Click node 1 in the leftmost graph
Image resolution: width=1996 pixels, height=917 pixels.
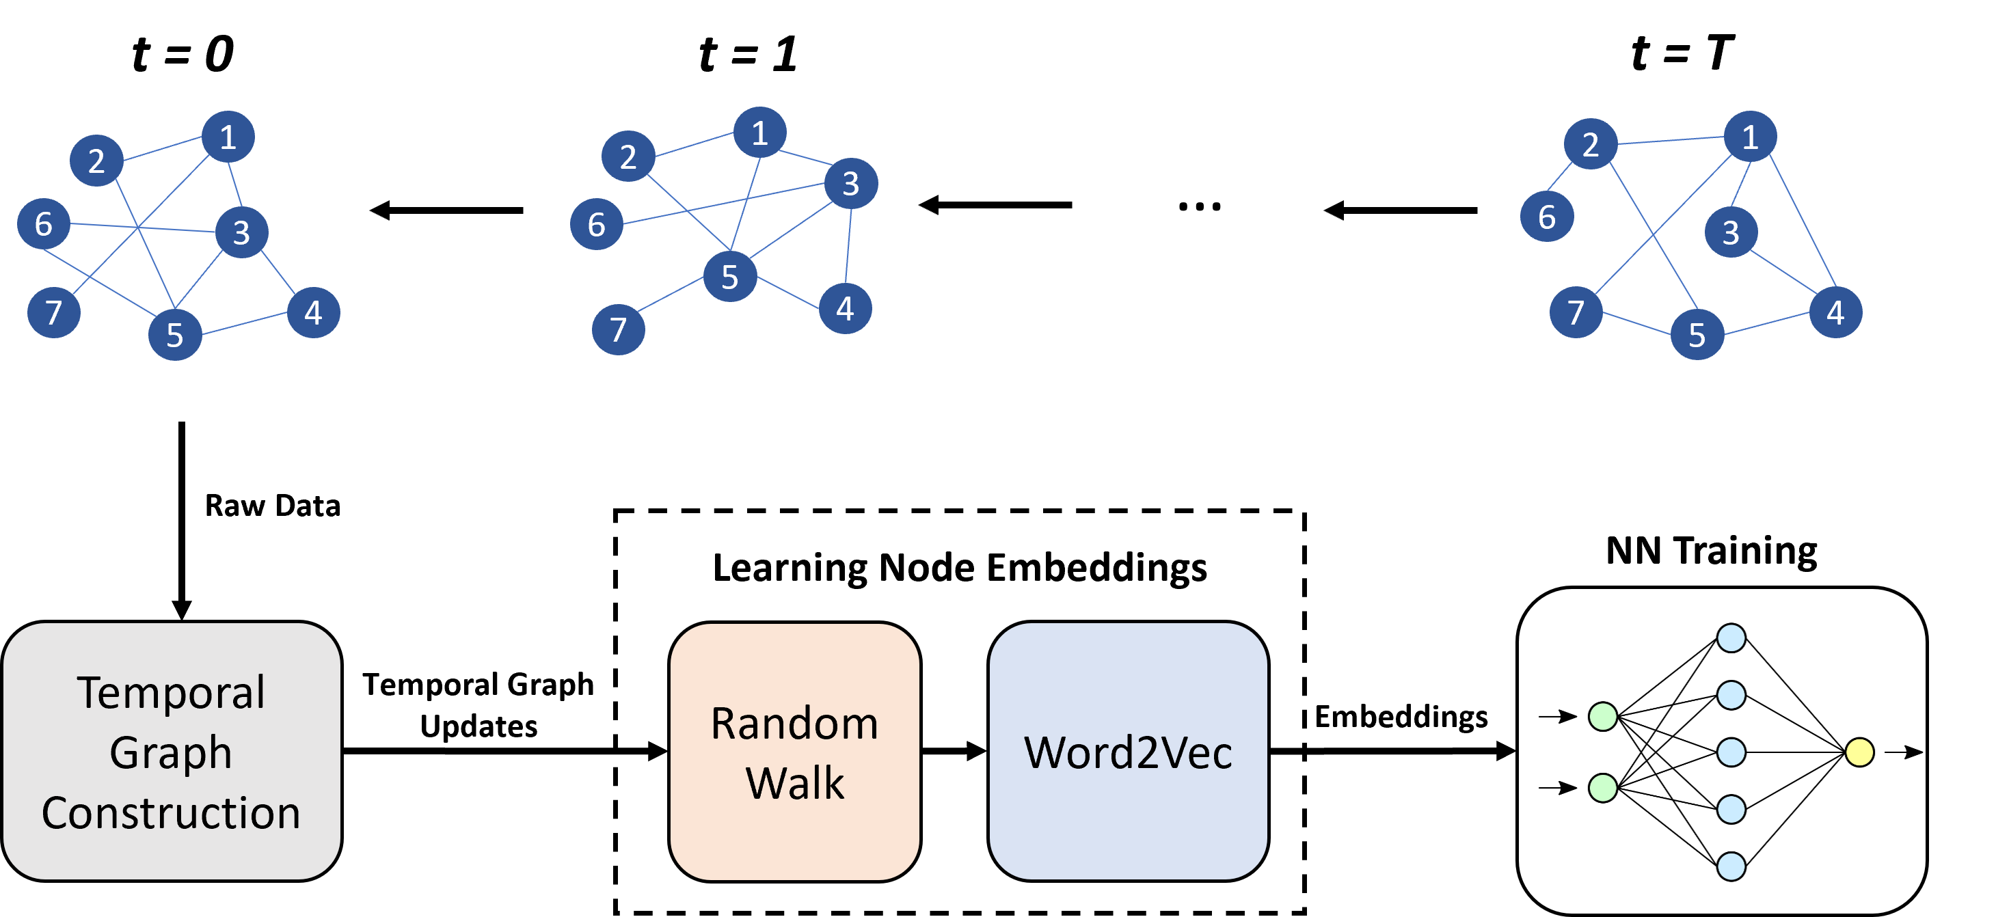click(228, 137)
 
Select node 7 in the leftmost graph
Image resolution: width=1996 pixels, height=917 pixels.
click(53, 312)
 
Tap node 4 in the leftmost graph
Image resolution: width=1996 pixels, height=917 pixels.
click(313, 312)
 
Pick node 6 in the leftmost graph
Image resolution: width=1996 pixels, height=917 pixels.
click(43, 224)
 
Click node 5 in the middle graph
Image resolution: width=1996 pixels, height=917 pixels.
click(730, 277)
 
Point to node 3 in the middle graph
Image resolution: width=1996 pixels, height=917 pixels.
click(851, 184)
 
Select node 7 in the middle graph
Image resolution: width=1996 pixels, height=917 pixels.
click(619, 329)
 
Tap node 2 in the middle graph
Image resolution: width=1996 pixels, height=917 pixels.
click(628, 156)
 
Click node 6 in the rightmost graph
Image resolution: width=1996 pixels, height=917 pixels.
click(1547, 217)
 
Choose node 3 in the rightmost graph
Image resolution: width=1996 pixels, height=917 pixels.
click(1731, 232)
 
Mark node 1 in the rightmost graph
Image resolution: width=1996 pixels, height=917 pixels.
click(1751, 137)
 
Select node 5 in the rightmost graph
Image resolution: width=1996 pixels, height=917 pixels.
click(1697, 335)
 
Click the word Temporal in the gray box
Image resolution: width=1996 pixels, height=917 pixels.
click(172, 692)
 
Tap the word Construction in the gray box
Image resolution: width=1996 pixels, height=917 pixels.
click(172, 812)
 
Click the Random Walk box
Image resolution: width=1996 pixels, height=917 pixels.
click(794, 751)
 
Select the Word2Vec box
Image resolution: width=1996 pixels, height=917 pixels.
click(1127, 751)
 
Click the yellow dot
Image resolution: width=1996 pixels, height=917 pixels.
click(1859, 752)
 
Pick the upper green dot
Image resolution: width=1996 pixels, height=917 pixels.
click(1603, 716)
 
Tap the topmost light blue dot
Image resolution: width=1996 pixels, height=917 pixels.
click(1731, 638)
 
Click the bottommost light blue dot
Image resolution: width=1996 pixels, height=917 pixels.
click(1731, 866)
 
